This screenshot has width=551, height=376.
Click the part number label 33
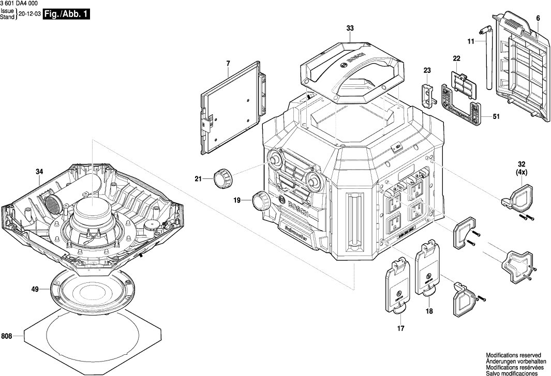coord(350,29)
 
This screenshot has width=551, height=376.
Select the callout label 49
coord(35,290)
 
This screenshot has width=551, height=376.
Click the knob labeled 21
coord(221,178)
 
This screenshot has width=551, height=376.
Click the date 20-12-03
coord(29,14)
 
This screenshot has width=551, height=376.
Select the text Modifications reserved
coord(513,355)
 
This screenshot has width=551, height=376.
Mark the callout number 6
coord(538,19)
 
